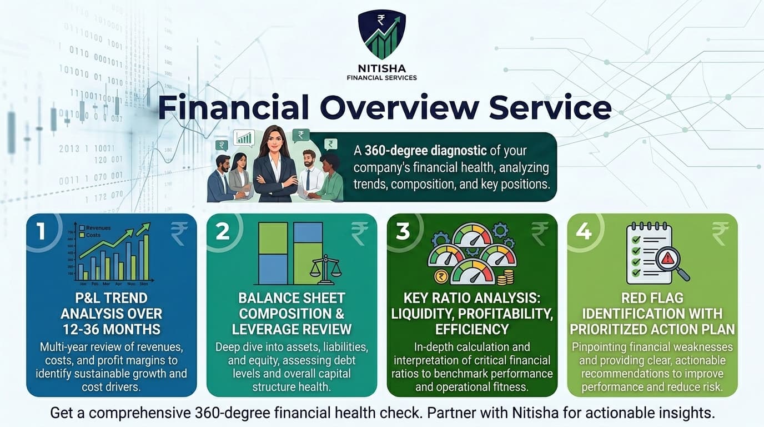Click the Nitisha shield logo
point(381,34)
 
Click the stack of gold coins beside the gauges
point(505,276)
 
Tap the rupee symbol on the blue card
point(179,234)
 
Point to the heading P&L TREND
point(111,298)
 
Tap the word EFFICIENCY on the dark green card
point(473,329)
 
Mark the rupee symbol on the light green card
point(720,234)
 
